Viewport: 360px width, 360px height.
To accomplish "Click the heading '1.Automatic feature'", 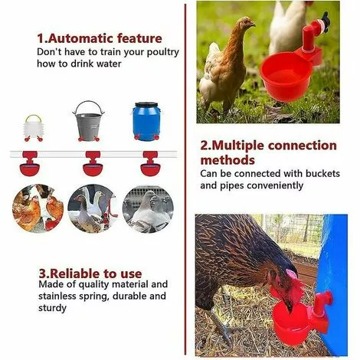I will [x=100, y=38].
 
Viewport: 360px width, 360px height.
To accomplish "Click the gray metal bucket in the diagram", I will [x=90, y=120].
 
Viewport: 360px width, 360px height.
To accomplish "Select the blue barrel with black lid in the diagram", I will [x=146, y=122].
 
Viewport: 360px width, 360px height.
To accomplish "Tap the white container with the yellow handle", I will [x=33, y=127].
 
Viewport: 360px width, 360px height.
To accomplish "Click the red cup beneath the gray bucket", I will [x=93, y=163].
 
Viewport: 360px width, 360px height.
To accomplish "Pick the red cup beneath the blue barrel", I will [x=147, y=163].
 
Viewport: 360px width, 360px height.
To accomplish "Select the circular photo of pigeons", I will [x=148, y=208].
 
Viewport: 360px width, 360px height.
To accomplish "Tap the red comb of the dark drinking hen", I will [x=292, y=274].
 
